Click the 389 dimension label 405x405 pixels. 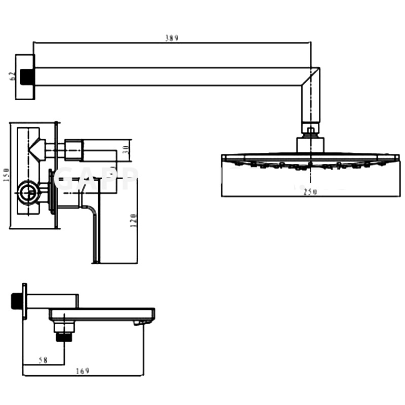172,38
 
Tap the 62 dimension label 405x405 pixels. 12,76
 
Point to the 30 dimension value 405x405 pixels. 127,150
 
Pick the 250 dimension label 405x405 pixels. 310,192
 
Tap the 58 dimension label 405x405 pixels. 43,360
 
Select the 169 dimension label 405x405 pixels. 83,371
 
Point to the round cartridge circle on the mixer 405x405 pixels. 28,192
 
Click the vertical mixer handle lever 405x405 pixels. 95,233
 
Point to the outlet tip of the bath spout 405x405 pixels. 144,321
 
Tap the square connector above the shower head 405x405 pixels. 310,144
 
